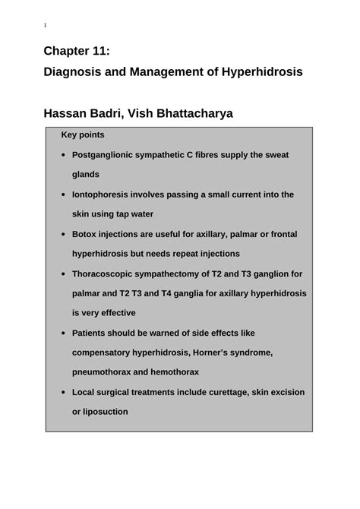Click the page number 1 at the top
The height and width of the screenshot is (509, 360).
coord(45,26)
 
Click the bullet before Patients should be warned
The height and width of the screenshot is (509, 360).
coord(62,333)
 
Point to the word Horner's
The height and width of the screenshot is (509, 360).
coord(217,353)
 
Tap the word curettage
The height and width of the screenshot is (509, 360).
coord(232,392)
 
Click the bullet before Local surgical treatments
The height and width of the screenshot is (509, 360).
coord(62,392)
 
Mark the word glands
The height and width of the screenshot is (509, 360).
coord(86,175)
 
